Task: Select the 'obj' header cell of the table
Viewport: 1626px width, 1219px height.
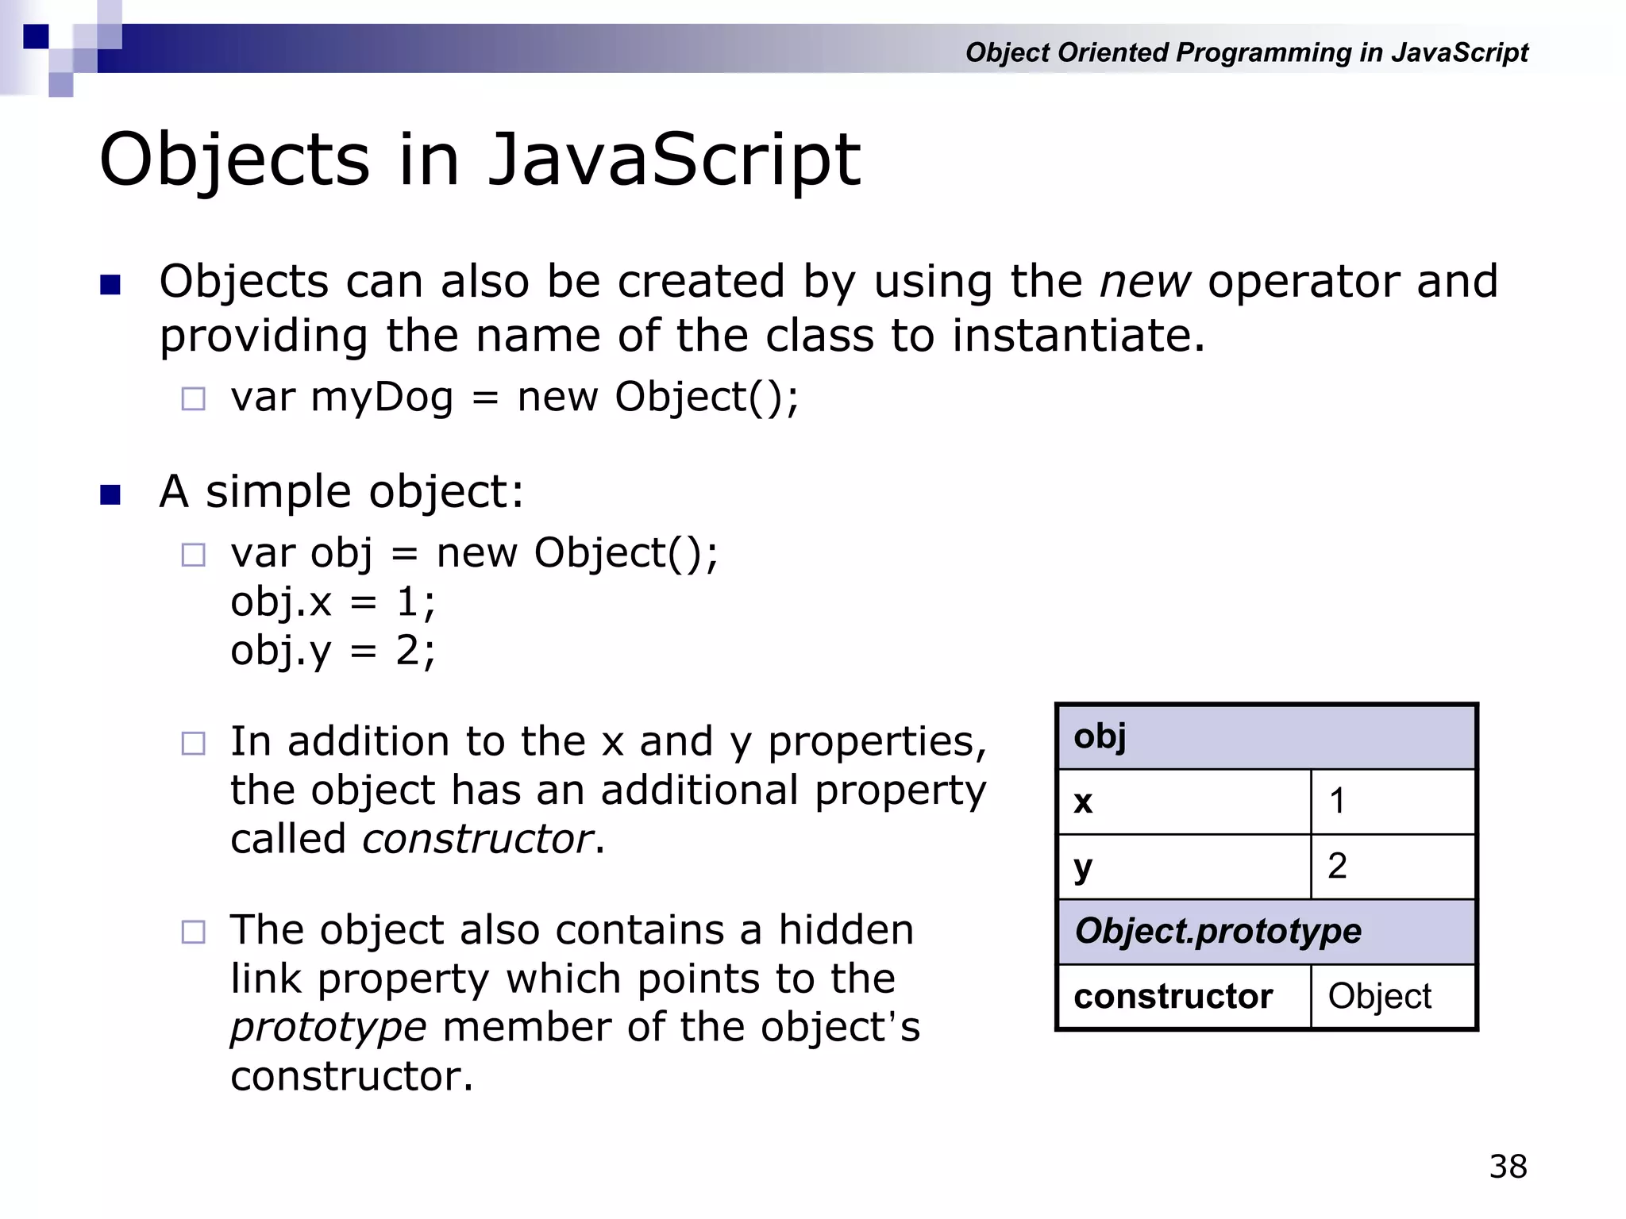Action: click(1266, 736)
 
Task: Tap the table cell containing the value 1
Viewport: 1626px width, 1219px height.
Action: click(1393, 802)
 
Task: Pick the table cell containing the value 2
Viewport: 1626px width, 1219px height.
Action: click(1393, 866)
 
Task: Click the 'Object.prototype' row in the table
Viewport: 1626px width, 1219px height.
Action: click(1266, 931)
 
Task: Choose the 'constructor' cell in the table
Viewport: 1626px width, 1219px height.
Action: click(1183, 996)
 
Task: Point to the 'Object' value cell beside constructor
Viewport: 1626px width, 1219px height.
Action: click(1393, 996)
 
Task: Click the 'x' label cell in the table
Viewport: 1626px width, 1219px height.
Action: click(1183, 802)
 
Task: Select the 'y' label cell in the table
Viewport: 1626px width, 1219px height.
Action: click(1183, 866)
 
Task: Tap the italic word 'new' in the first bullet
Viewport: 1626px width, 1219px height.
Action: click(1144, 282)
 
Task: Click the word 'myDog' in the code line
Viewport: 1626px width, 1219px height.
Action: click(381, 397)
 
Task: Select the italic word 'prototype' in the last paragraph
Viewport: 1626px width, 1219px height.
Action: click(329, 1027)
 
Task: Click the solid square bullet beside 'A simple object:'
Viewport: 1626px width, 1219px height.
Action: click(110, 494)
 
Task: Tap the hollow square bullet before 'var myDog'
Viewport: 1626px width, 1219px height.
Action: click(193, 398)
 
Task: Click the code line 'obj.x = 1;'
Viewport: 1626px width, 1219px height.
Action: click(333, 602)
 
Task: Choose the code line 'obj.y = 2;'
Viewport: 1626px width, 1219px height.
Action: click(333, 651)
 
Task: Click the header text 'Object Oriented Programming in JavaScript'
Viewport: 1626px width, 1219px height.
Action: click(1246, 52)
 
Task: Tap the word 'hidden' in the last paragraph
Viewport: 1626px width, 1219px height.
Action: click(846, 930)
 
